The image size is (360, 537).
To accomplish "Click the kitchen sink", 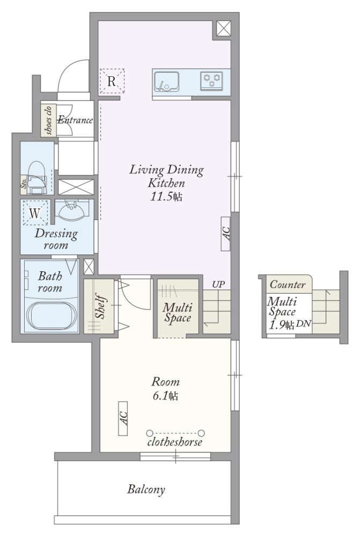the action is click(166, 82).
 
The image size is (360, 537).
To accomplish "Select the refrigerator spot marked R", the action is click(112, 81).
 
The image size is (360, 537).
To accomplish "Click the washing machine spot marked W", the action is click(35, 213).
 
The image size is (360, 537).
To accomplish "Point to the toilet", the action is click(36, 178).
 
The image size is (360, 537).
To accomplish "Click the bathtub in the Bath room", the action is click(51, 316).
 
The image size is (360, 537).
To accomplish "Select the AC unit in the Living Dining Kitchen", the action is click(225, 234).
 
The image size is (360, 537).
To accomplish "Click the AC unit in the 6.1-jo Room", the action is click(123, 418).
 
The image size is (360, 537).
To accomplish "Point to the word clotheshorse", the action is click(175, 442).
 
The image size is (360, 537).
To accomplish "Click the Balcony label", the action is click(146, 489).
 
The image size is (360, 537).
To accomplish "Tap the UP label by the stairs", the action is click(218, 284).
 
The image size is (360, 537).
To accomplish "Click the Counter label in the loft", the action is click(288, 284).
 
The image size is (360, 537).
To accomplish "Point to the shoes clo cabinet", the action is click(48, 120).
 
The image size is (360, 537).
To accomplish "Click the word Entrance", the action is click(75, 120).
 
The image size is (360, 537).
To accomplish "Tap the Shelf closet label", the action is click(100, 306).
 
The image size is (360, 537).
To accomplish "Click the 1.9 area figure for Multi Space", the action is click(277, 324).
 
